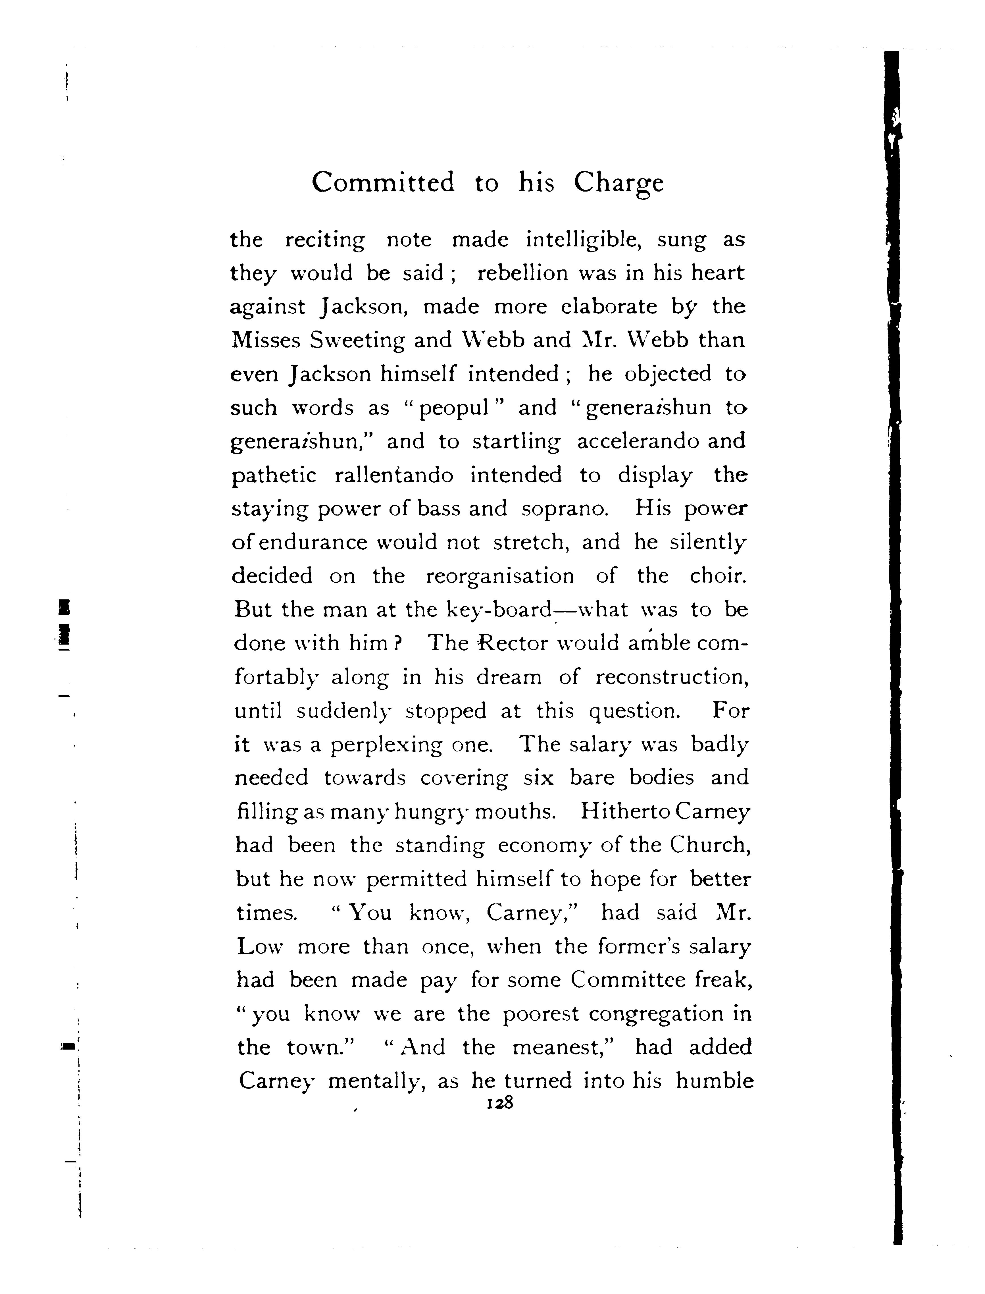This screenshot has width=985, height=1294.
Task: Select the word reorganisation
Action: (499, 577)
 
